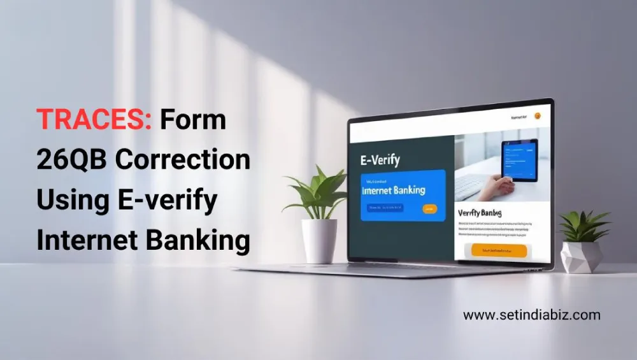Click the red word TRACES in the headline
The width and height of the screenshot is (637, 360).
coord(94,120)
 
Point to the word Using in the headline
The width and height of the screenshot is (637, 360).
coord(66,200)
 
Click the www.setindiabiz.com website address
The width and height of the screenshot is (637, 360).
coord(531,315)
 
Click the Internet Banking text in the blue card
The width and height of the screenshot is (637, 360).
coord(393,190)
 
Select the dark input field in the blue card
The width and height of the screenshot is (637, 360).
coord(386,208)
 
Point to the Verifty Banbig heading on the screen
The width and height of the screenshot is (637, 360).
coord(480,213)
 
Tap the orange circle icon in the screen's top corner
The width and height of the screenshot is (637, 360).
coord(537,117)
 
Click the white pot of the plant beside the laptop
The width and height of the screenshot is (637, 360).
coord(319,240)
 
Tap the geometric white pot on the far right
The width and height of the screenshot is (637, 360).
coord(581,256)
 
